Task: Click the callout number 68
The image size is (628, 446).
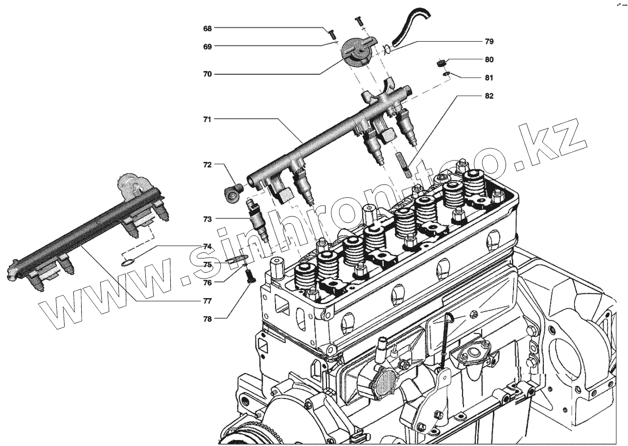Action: click(x=208, y=28)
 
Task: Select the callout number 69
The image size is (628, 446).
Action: click(x=208, y=47)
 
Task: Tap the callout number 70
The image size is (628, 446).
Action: click(x=208, y=74)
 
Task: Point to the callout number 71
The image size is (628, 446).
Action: click(x=208, y=119)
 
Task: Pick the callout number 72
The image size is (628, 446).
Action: click(x=208, y=165)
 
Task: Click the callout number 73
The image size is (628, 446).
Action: click(x=208, y=219)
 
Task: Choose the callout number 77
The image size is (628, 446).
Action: click(x=208, y=300)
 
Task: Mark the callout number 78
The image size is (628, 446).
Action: click(x=208, y=319)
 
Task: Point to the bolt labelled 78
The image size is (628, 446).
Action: click(x=250, y=277)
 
